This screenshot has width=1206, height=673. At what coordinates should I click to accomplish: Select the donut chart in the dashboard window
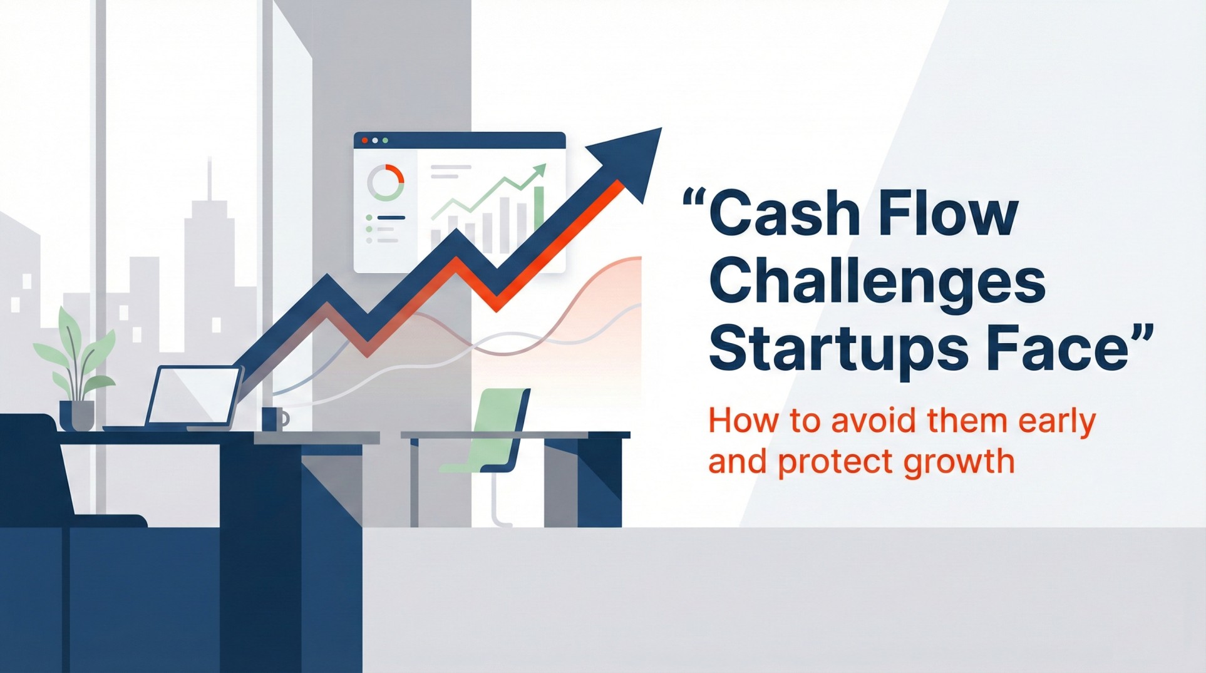point(386,182)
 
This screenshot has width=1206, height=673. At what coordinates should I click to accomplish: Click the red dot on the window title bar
point(365,140)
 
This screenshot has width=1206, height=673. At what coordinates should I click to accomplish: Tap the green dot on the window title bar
point(385,140)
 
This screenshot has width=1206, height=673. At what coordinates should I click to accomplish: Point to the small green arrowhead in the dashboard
point(539,170)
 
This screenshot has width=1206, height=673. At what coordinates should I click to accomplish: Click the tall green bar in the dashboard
point(538,209)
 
